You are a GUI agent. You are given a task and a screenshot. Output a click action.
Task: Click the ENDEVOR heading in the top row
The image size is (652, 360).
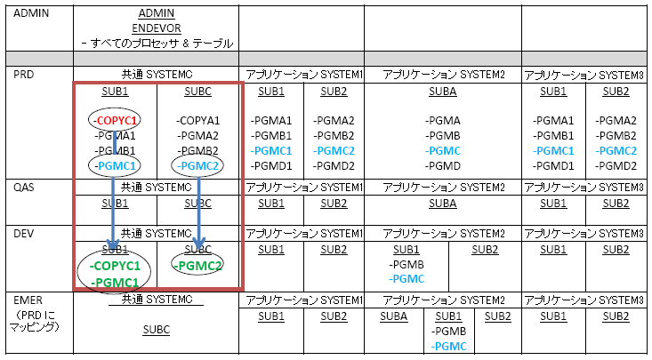point(157,28)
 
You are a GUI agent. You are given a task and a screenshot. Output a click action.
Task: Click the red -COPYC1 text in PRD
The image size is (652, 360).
point(115,120)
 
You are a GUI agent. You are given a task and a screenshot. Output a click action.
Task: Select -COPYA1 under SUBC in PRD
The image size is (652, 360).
point(197,120)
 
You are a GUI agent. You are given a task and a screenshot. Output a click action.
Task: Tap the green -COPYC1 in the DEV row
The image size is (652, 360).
point(115,266)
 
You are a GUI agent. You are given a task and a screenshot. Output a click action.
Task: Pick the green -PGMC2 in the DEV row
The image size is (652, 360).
point(197,265)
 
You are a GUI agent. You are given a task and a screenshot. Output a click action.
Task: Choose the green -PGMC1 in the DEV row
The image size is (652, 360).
point(115,283)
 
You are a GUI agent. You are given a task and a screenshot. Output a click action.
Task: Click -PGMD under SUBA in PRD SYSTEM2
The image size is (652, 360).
point(443,165)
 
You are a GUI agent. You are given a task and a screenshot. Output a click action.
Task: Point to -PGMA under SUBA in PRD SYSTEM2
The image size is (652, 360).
point(443,120)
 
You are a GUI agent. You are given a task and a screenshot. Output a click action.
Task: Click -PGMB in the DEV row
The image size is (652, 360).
point(406,264)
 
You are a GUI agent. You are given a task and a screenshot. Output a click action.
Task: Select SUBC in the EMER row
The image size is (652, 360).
point(157,329)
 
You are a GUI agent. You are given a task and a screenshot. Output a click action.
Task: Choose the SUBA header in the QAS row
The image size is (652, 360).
point(443,203)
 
